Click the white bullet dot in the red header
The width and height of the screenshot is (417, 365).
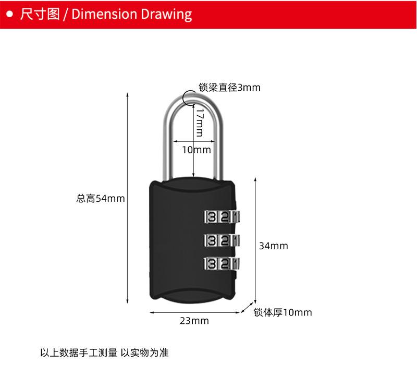tap(9, 14)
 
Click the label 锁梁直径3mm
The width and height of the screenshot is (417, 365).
tap(229, 88)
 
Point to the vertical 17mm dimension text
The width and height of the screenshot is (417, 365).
tap(199, 123)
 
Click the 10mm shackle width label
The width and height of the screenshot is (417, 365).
tap(197, 150)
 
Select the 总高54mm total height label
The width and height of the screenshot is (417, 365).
tap(101, 198)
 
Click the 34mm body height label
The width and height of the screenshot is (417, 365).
tap(273, 246)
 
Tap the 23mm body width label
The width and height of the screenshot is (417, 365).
tap(194, 321)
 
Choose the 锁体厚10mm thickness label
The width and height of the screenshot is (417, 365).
tap(283, 313)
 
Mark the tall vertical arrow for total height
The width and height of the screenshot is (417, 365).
tap(128, 198)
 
